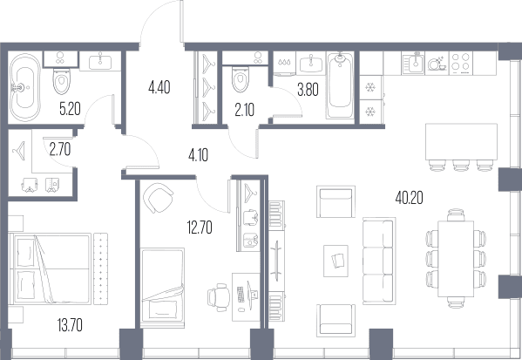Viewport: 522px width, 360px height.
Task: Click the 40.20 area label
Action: (409, 198)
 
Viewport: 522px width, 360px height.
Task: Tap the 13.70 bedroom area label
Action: (70, 325)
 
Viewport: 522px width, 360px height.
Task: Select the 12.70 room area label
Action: (200, 228)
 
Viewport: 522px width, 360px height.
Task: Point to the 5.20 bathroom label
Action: (70, 109)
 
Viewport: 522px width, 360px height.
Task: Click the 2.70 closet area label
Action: (60, 149)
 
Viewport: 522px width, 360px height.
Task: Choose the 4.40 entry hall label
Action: (159, 87)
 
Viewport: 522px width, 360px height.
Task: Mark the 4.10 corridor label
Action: (198, 155)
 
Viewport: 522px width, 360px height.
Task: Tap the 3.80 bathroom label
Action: (308, 90)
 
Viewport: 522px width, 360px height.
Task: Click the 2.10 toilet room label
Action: (245, 110)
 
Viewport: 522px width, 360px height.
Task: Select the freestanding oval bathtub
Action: (25, 87)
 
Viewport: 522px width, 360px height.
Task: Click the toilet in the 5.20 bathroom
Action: (62, 81)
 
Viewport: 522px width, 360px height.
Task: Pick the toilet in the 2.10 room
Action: (241, 79)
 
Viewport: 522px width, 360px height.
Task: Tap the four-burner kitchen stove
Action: (461, 63)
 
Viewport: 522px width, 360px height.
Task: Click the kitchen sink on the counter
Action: (413, 63)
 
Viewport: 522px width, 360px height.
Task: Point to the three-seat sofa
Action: (379, 261)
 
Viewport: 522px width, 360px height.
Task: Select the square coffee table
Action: (336, 261)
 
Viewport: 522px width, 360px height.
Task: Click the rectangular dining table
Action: (456, 259)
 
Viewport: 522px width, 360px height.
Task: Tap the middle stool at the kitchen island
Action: (461, 165)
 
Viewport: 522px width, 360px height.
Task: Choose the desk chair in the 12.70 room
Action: (219, 297)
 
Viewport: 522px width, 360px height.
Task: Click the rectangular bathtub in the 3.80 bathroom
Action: (340, 86)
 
